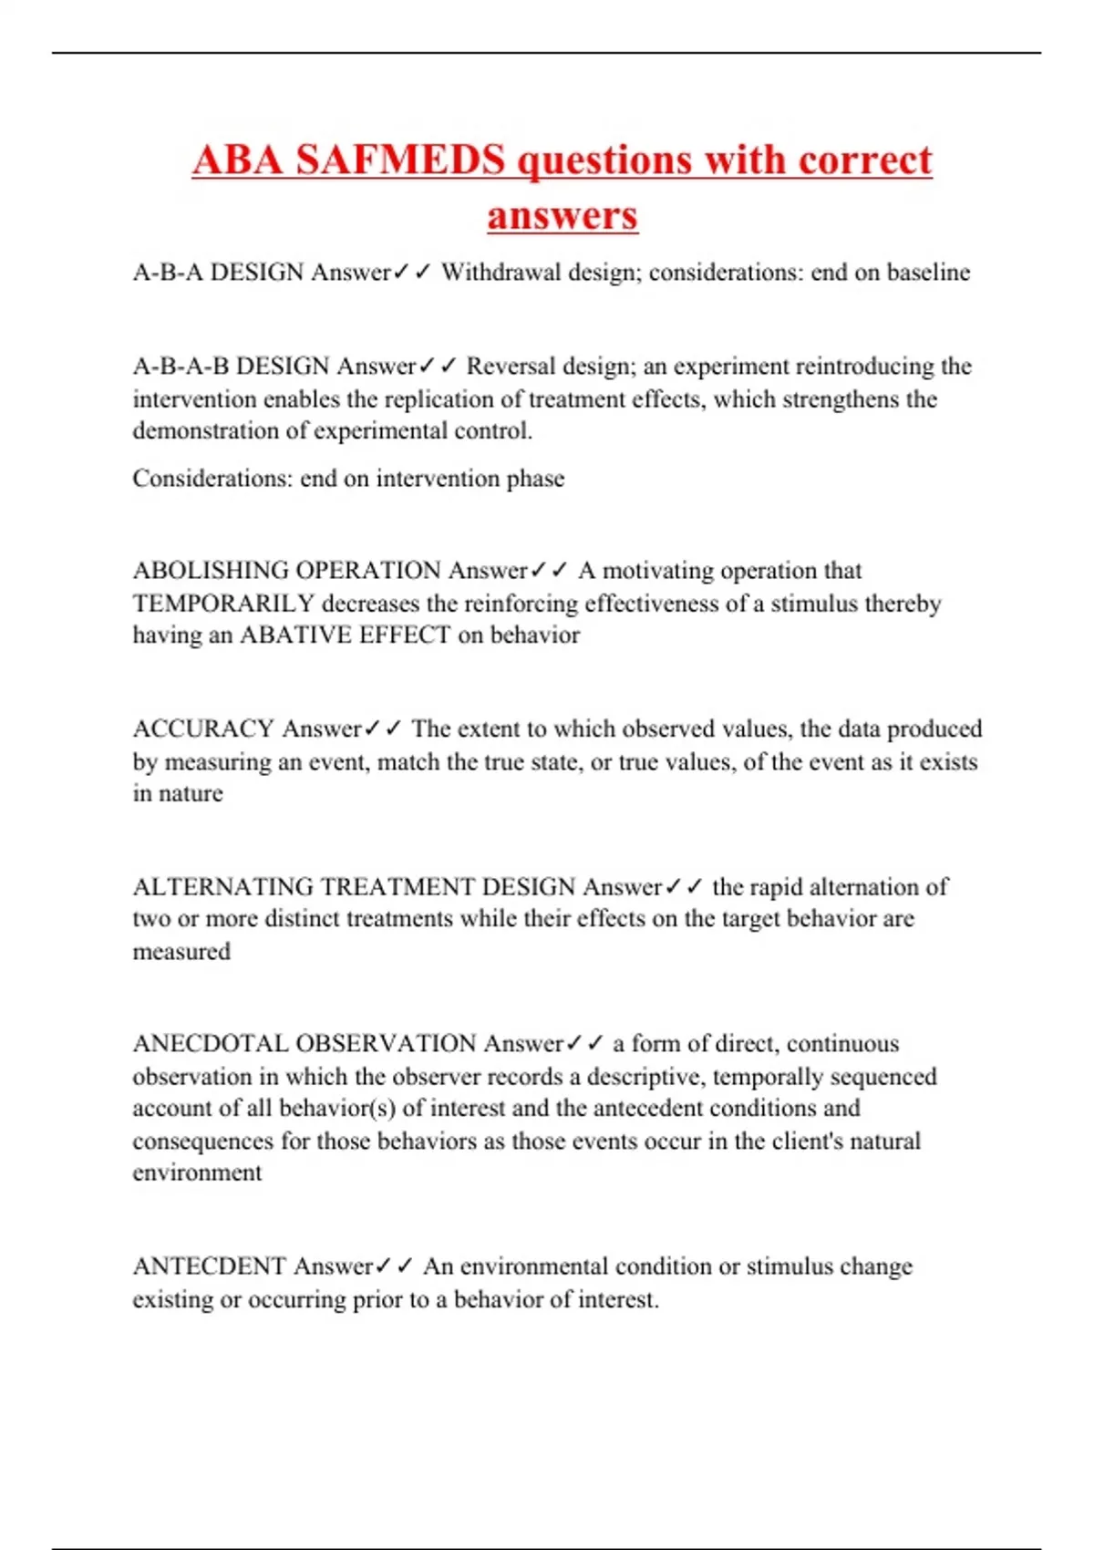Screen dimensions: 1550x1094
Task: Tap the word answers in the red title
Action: (562, 216)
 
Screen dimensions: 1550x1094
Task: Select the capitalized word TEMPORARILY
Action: (223, 604)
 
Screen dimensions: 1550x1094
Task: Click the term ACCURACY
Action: (203, 729)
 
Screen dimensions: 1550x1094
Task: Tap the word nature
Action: (190, 794)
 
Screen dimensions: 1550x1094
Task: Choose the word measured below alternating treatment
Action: (181, 952)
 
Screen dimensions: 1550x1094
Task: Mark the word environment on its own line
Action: (197, 1173)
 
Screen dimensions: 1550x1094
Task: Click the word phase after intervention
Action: (537, 479)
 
